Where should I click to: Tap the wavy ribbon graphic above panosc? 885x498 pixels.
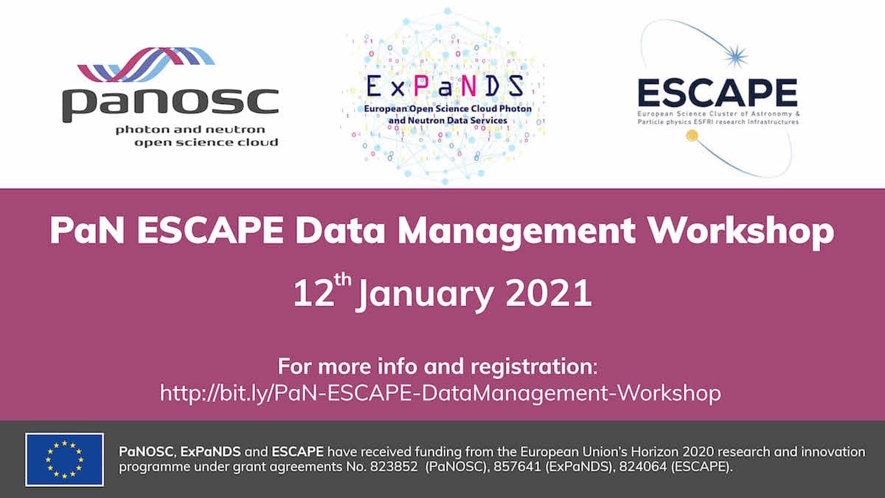tap(146, 64)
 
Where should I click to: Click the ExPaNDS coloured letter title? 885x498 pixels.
tap(445, 86)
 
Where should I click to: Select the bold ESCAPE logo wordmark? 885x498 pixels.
tap(718, 93)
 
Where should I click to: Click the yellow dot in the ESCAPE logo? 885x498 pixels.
tap(692, 136)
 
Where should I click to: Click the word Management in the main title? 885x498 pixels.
tap(516, 233)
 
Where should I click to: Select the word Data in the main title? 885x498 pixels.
tap(340, 231)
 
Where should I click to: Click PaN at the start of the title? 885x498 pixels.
tap(87, 231)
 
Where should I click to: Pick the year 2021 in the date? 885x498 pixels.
tap(549, 293)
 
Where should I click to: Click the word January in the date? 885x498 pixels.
tap(425, 295)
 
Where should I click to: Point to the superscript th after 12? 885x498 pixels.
tap(342, 280)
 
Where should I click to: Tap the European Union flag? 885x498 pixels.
tap(65, 460)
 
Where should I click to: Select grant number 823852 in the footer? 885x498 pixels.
tap(394, 467)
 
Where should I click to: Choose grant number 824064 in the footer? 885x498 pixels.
tap(643, 467)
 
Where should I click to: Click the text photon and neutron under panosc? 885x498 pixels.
tap(190, 130)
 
